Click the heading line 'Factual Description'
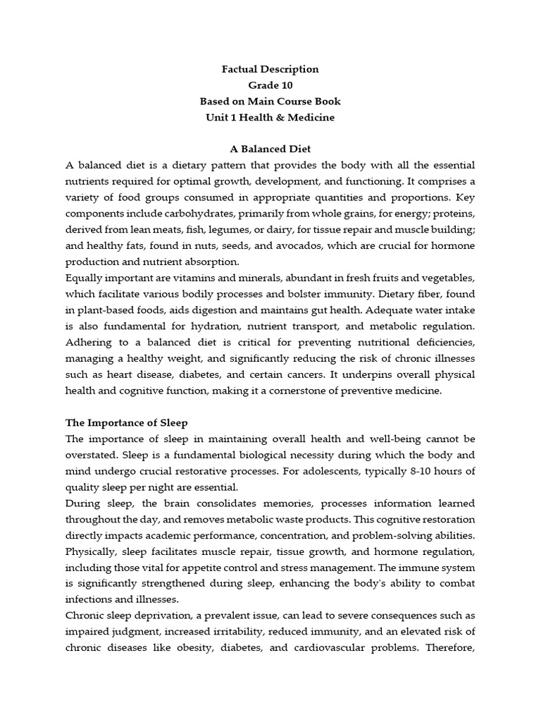click(x=270, y=69)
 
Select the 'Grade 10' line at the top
click(x=270, y=85)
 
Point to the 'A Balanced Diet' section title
click(x=270, y=149)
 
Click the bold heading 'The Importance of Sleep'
click(x=127, y=423)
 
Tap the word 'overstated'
click(x=92, y=455)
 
